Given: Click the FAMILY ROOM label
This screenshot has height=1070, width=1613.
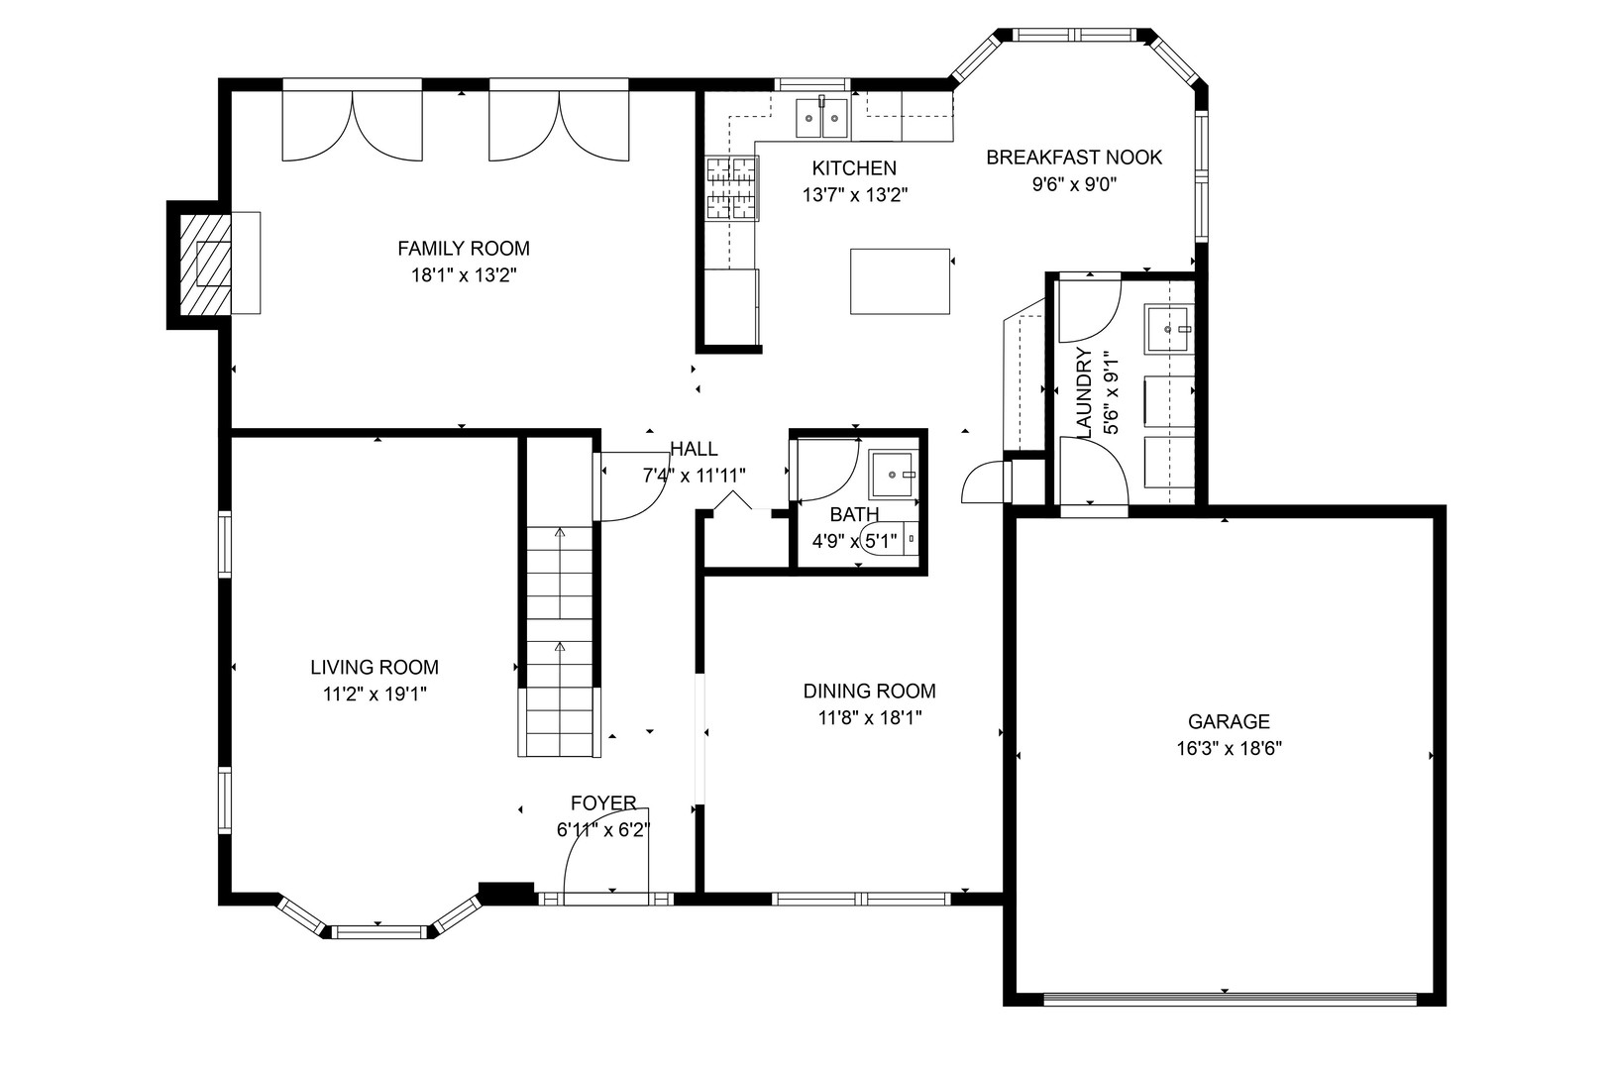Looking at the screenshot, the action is [x=463, y=249].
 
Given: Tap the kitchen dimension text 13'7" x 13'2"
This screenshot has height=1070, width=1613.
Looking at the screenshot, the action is [x=855, y=194].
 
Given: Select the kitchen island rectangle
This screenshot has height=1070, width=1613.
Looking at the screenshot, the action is [x=900, y=281].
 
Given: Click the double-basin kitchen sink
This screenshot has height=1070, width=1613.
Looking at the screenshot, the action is [x=821, y=117].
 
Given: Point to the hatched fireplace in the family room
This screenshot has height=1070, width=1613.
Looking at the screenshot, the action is [x=205, y=265].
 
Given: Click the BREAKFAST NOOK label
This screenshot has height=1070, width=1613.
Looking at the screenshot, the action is [x=1074, y=157].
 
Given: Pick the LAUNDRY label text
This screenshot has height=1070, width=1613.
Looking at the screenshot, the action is [x=1084, y=392].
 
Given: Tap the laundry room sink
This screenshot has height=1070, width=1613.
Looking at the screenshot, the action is [x=1167, y=328].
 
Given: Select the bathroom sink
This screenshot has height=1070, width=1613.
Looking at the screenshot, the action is [x=894, y=475].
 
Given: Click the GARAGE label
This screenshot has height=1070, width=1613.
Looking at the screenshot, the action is [x=1229, y=721].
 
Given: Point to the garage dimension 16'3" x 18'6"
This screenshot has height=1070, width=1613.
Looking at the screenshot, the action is [x=1230, y=748].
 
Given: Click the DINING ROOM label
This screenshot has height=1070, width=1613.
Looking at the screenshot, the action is [x=869, y=692].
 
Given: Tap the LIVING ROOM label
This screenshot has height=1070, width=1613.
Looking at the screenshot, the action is [x=375, y=668].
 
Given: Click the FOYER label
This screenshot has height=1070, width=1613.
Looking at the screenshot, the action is [x=603, y=802].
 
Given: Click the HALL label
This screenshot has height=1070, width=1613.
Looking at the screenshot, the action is [x=694, y=450].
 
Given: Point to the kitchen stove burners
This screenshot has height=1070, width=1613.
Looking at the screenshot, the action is [x=731, y=188].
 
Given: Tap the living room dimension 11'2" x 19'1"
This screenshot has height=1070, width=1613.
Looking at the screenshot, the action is [x=375, y=695].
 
